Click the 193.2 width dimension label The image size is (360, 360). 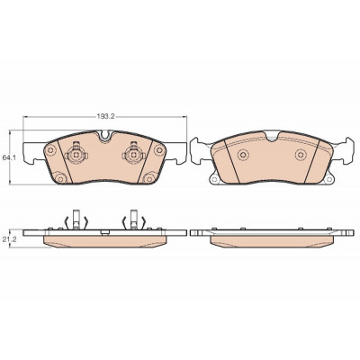[106, 117]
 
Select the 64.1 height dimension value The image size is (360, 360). [8, 157]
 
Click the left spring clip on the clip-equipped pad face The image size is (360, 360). [76, 154]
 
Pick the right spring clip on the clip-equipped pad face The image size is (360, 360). [133, 154]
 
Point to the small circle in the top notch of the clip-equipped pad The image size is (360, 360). [104, 136]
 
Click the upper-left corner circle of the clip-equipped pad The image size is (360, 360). [50, 150]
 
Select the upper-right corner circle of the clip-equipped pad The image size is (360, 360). [158, 150]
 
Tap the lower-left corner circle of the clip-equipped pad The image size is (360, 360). [61, 179]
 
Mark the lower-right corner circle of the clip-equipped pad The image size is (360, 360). [148, 179]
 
